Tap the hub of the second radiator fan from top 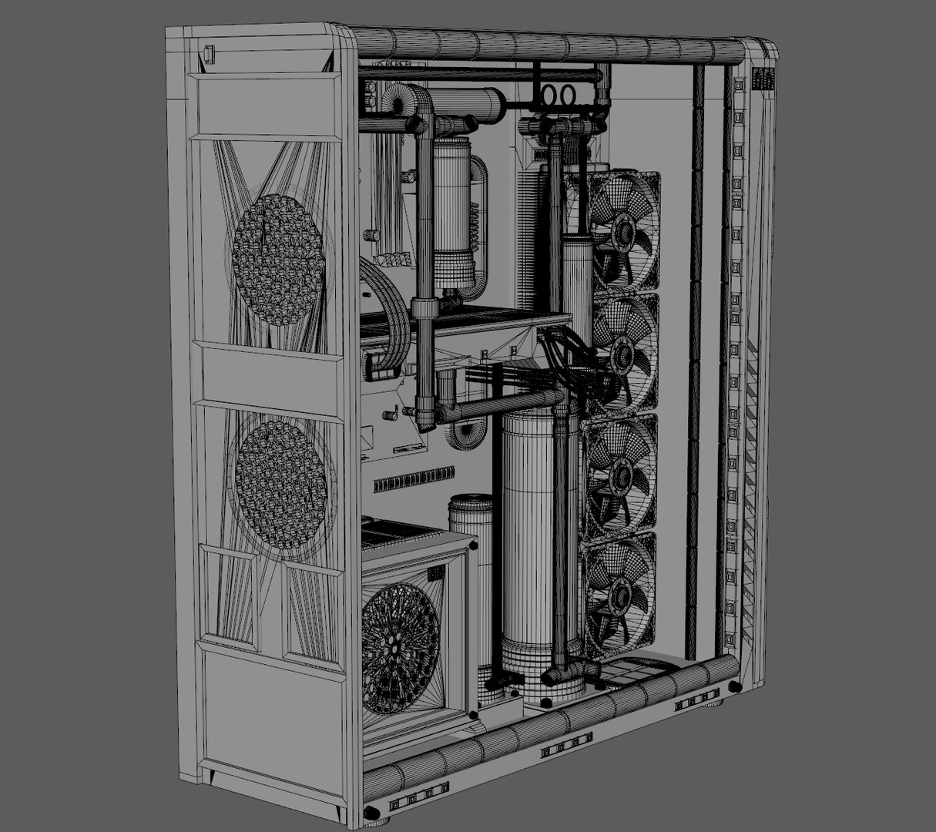click(x=622, y=353)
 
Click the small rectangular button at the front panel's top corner click(x=209, y=55)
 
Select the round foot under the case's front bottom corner click(x=371, y=811)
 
